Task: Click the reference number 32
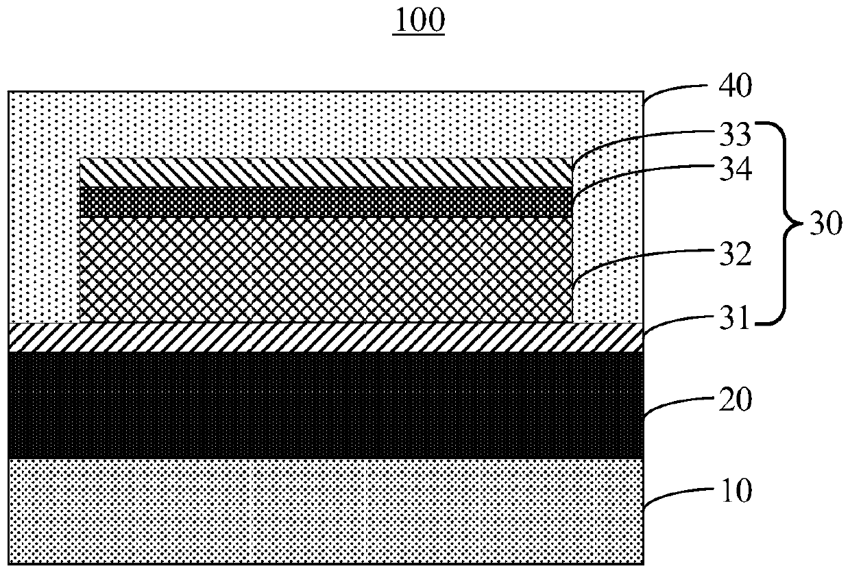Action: tap(734, 256)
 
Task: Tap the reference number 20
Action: tap(734, 400)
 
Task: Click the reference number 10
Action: tap(734, 491)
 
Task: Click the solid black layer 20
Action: tap(326, 405)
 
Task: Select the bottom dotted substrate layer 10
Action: tap(326, 511)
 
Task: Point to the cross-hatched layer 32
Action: tap(326, 269)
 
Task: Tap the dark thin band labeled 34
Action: tap(326, 202)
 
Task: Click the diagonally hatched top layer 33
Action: tap(326, 173)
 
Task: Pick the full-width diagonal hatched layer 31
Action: tap(326, 337)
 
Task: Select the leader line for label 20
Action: tap(675, 404)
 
